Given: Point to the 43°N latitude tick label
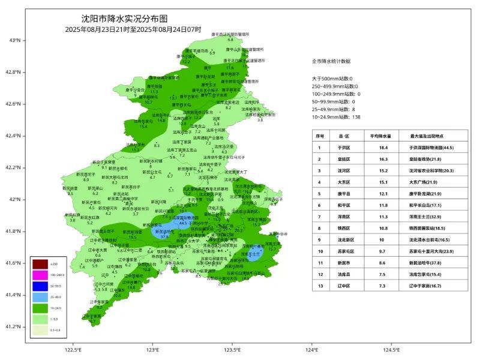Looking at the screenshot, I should pos(15,40).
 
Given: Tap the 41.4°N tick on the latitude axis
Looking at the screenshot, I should pos(15,295).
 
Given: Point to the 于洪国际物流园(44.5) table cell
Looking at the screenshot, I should pos(431,147).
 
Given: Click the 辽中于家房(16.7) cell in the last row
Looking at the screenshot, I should pos(431,286).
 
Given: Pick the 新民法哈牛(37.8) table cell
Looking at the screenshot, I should pos(431,263).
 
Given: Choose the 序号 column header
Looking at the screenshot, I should pos(320,136).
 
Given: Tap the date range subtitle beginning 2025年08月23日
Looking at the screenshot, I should pos(133,29).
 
